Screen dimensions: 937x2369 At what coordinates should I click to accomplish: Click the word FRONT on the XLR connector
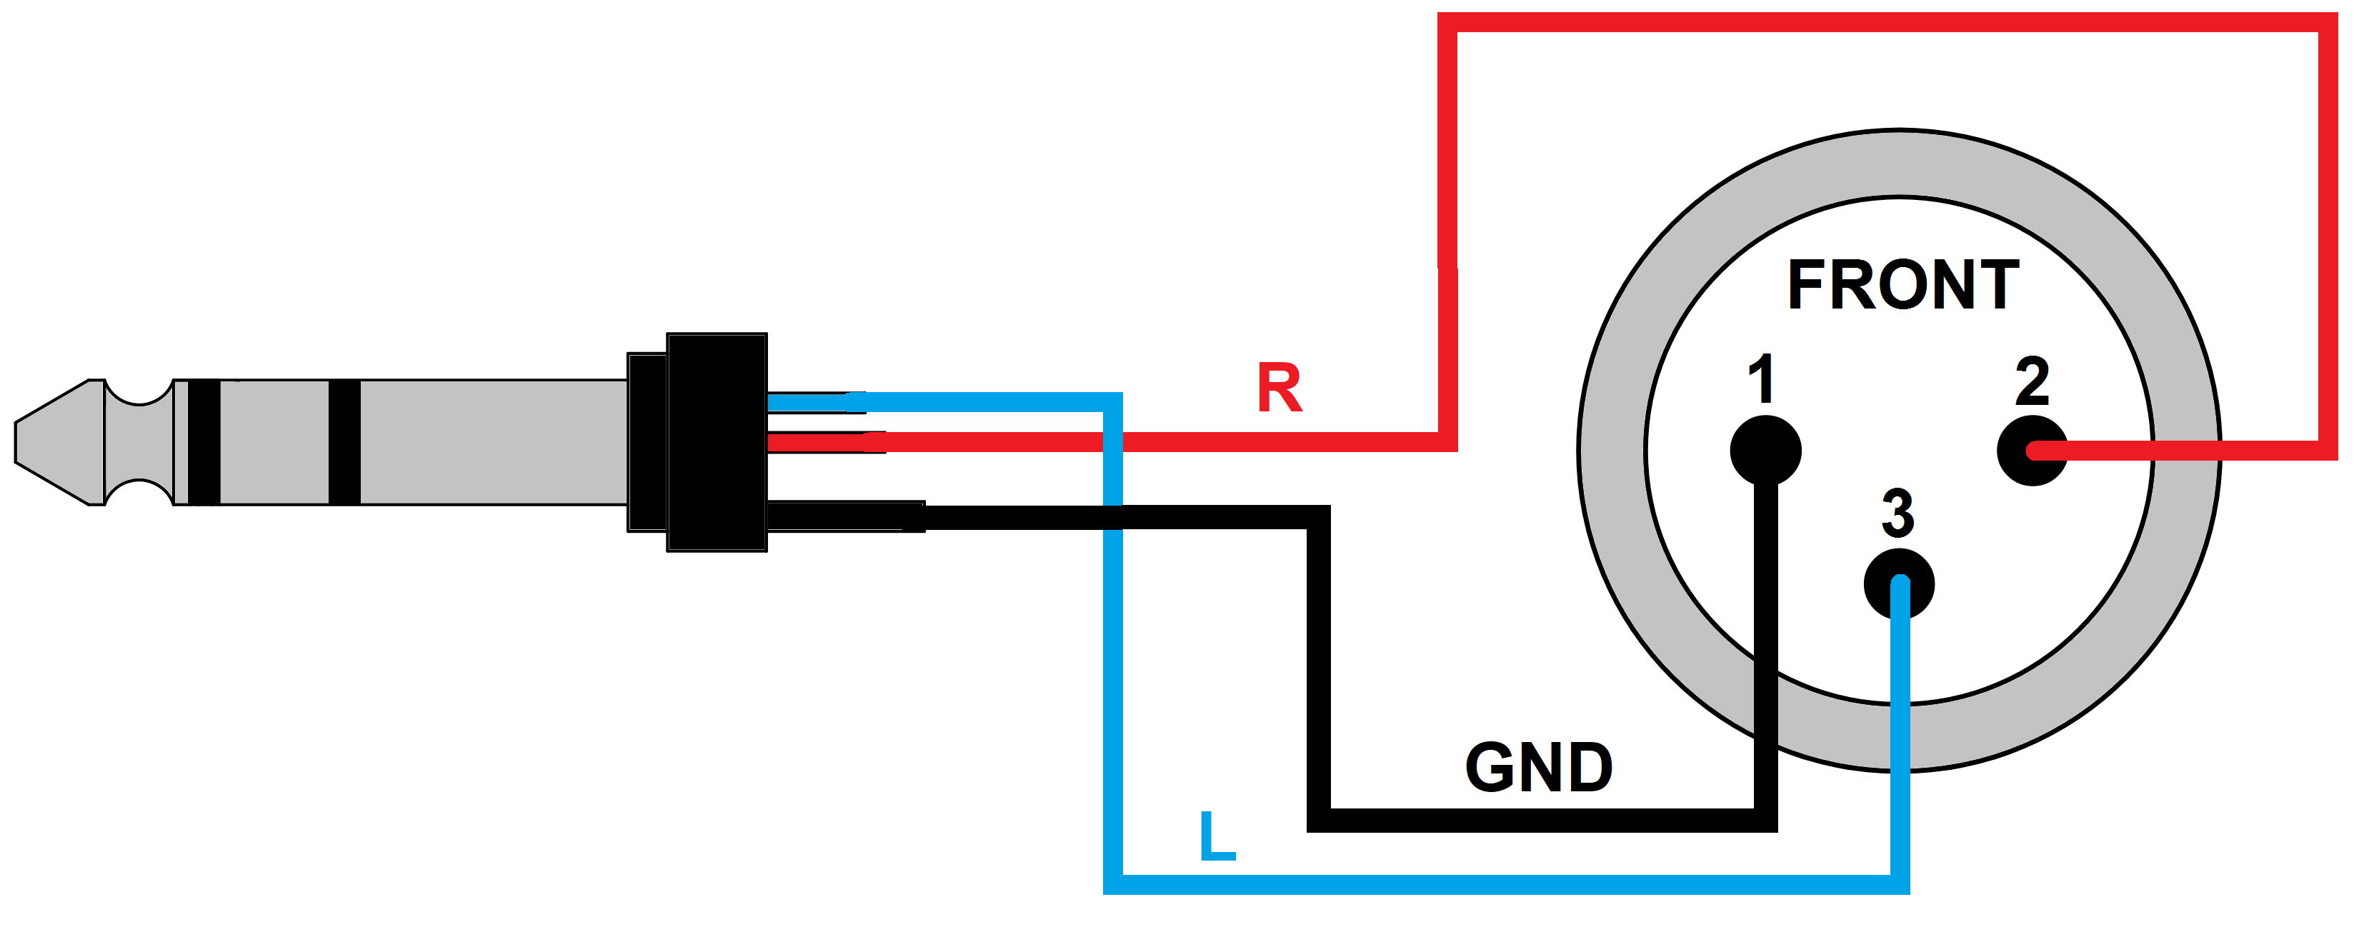coord(1902,285)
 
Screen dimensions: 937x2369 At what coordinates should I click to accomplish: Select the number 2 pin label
coord(2032,381)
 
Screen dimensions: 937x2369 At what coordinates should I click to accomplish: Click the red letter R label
coord(1280,388)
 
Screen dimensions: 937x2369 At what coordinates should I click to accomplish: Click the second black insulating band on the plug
coord(344,442)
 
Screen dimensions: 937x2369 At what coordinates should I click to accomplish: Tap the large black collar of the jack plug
coord(717,442)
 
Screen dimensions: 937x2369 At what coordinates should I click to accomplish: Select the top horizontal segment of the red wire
coord(1885,22)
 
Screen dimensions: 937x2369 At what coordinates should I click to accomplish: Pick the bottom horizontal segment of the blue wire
coord(1508,885)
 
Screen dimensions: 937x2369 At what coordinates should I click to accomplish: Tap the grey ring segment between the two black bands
coord(274,442)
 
